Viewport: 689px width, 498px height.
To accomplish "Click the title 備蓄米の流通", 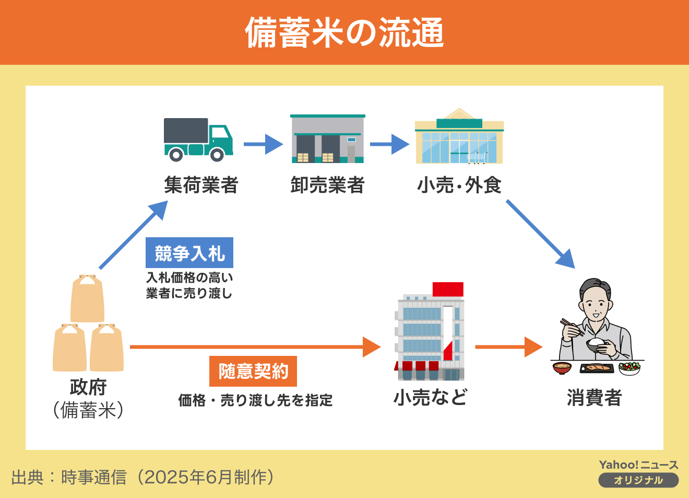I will [344, 32].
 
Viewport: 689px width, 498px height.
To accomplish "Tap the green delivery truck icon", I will [198, 140].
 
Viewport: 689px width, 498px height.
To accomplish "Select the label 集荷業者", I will [201, 185].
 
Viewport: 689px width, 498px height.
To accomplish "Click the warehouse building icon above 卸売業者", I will [327, 139].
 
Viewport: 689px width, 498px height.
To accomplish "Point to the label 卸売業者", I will [327, 185].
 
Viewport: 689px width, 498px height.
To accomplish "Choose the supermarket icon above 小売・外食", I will [459, 137].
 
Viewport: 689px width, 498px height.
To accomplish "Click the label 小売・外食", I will [459, 185].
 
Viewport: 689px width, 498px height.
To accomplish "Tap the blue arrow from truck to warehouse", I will [263, 144].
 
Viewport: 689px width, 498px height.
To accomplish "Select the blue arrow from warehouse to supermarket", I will [389, 144].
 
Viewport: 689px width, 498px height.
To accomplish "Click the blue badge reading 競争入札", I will [189, 253].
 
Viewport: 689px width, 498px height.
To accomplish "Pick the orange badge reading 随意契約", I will [253, 371].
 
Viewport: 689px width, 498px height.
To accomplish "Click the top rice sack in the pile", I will [88, 299].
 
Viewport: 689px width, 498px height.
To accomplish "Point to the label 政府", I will [88, 387].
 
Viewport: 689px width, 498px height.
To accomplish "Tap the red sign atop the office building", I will [448, 289].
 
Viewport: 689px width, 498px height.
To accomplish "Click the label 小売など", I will [430, 398].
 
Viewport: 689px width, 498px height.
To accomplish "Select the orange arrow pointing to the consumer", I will [508, 346].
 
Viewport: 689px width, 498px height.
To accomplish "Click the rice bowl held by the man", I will [597, 344].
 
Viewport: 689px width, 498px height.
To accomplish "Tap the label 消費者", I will [594, 398].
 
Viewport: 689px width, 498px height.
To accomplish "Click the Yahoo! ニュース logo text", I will [638, 465].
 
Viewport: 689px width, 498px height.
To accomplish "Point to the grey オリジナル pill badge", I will [638, 480].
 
